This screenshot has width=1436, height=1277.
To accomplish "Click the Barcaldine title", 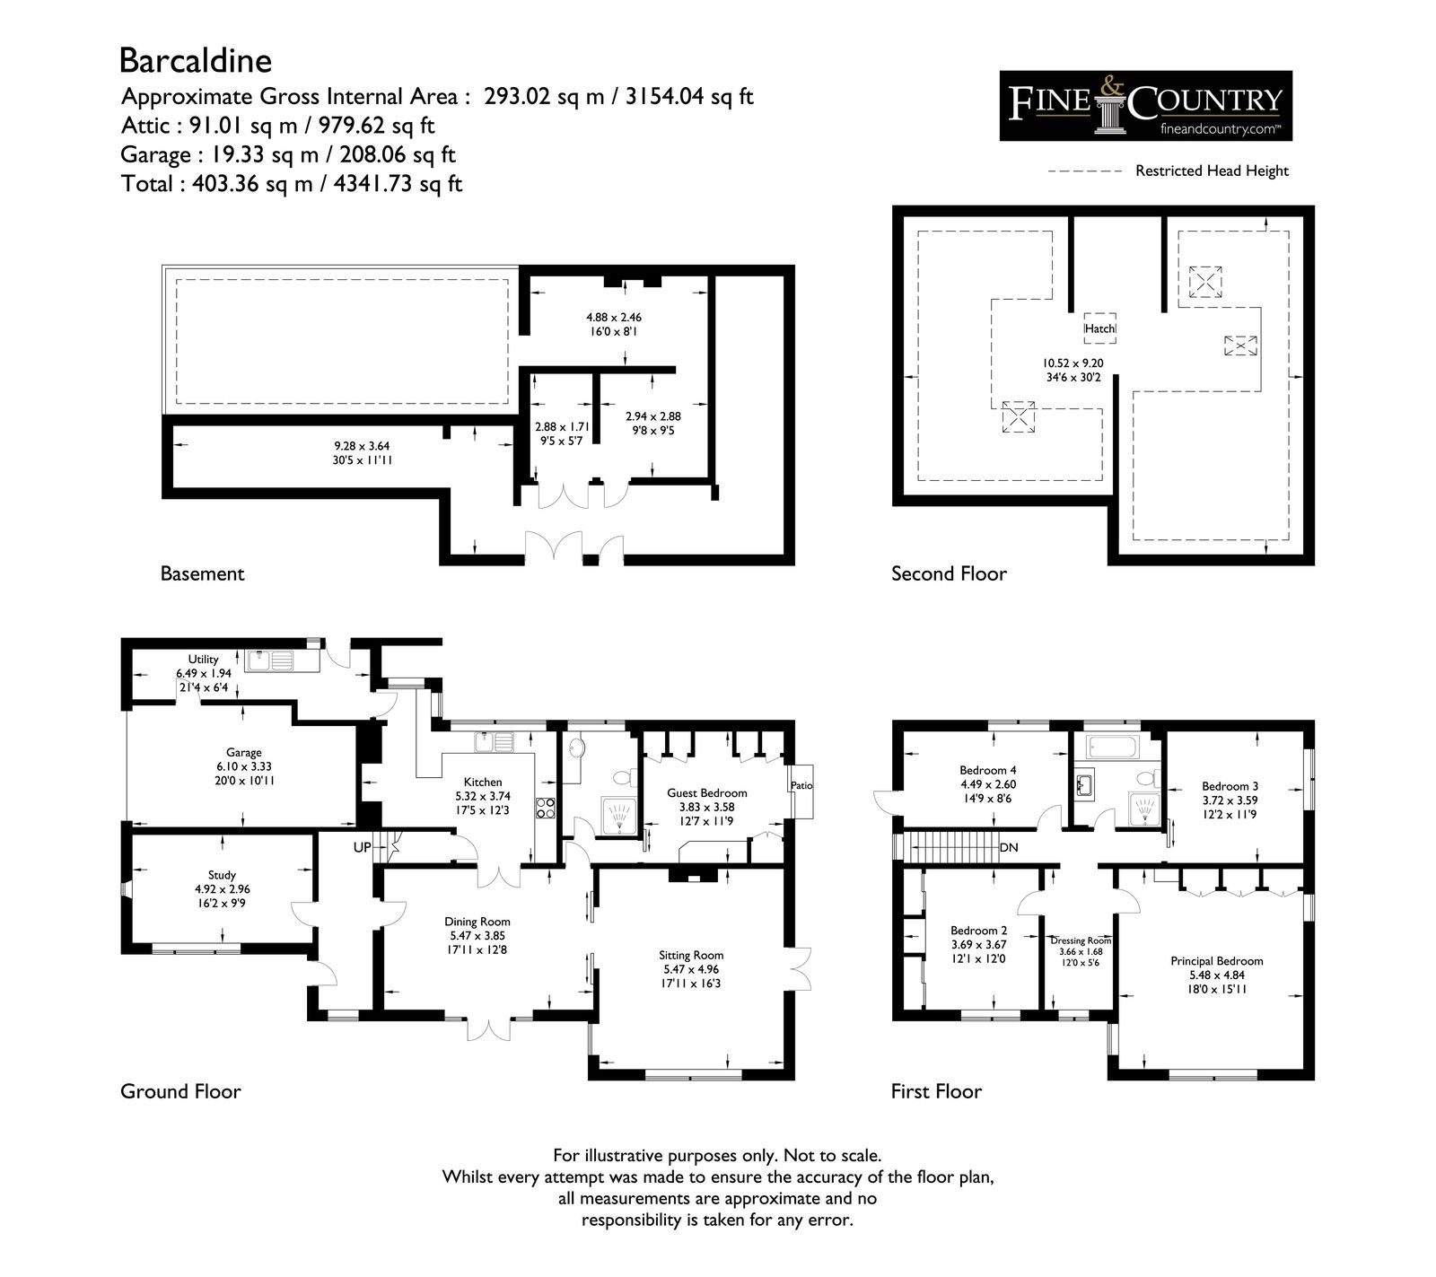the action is pyautogui.click(x=196, y=61).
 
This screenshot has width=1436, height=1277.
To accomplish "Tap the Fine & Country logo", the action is pyautogui.click(x=1146, y=106).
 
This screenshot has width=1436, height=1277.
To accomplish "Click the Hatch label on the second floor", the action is pyautogui.click(x=1099, y=329).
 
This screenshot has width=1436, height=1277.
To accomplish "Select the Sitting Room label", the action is pyautogui.click(x=691, y=956).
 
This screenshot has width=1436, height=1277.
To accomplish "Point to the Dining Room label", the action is pyautogui.click(x=477, y=922).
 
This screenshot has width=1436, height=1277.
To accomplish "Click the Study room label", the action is pyautogui.click(x=222, y=875).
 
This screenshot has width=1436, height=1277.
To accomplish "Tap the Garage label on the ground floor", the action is pyautogui.click(x=244, y=753).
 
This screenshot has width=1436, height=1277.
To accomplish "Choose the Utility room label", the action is pyautogui.click(x=204, y=660).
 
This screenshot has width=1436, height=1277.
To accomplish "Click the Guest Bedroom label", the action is pyautogui.click(x=707, y=792).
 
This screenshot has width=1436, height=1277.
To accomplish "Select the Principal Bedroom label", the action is pyautogui.click(x=1217, y=961).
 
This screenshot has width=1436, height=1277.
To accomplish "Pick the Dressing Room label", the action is pyautogui.click(x=1081, y=940).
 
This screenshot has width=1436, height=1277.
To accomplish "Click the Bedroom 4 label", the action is pyautogui.click(x=988, y=770).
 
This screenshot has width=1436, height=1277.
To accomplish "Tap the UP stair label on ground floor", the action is pyautogui.click(x=363, y=846).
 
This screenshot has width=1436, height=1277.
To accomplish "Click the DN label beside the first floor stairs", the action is pyautogui.click(x=1009, y=847).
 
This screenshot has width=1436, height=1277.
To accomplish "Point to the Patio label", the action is pyautogui.click(x=801, y=786).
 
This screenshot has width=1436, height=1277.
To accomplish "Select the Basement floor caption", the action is pyautogui.click(x=202, y=573).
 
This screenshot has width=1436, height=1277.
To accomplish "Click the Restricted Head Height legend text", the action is pyautogui.click(x=1212, y=171).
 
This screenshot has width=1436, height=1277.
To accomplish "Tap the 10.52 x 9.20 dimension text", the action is pyautogui.click(x=1073, y=363).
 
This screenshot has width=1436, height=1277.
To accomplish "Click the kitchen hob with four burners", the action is pyautogui.click(x=545, y=807).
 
